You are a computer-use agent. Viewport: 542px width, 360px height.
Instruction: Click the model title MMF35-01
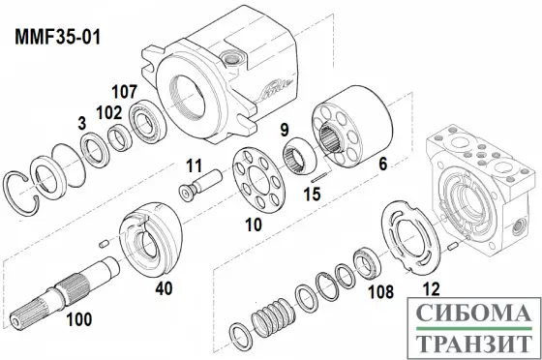(x=57, y=37)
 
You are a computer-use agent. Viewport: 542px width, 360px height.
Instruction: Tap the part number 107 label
(x=125, y=92)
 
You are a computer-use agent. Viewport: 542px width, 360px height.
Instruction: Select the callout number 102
(x=108, y=112)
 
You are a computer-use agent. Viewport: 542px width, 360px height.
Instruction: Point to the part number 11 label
(x=194, y=165)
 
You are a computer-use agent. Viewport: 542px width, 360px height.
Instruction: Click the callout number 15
(x=312, y=195)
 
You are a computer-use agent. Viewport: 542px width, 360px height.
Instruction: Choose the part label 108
(x=380, y=292)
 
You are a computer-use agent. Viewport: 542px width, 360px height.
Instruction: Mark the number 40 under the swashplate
(x=164, y=288)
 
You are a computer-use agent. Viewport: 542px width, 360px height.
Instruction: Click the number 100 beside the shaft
(x=79, y=319)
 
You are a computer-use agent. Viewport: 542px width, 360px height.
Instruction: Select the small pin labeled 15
(x=318, y=178)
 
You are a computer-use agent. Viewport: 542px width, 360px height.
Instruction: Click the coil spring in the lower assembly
(x=273, y=318)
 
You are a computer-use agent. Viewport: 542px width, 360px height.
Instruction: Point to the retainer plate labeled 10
(x=258, y=180)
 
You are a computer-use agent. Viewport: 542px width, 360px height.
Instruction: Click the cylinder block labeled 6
(x=352, y=127)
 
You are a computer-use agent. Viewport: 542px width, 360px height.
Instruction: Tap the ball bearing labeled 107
(x=148, y=120)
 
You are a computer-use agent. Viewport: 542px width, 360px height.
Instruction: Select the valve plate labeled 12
(x=410, y=239)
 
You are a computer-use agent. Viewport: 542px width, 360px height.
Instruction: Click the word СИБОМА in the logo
(x=474, y=313)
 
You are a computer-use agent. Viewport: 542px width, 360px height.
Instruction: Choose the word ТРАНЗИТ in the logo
(x=474, y=344)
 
